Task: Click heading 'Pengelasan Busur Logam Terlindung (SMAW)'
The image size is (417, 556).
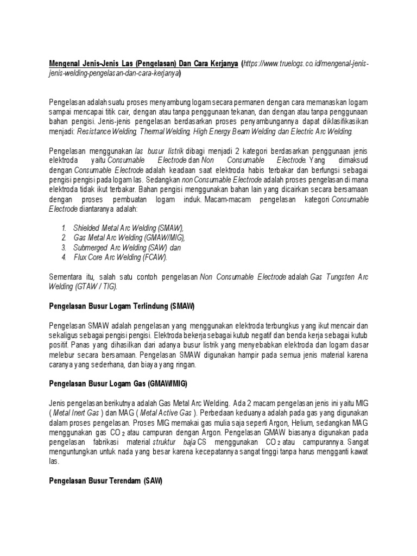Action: [x=122, y=306]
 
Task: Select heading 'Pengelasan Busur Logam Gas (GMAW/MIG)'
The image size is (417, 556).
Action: [x=118, y=384]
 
